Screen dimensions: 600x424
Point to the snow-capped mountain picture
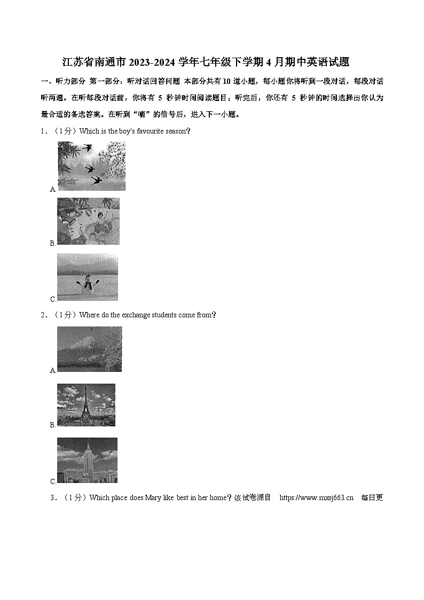89,349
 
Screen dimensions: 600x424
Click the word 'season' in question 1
176,131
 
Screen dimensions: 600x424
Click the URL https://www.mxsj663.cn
316,498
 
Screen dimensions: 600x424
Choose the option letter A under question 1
52,190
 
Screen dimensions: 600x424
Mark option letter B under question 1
52,244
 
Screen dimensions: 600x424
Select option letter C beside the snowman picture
52,300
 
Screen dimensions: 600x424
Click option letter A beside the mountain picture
52,371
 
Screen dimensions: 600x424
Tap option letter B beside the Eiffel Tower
52,425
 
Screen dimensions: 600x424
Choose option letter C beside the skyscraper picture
52,482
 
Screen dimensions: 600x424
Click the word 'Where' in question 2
89,315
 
